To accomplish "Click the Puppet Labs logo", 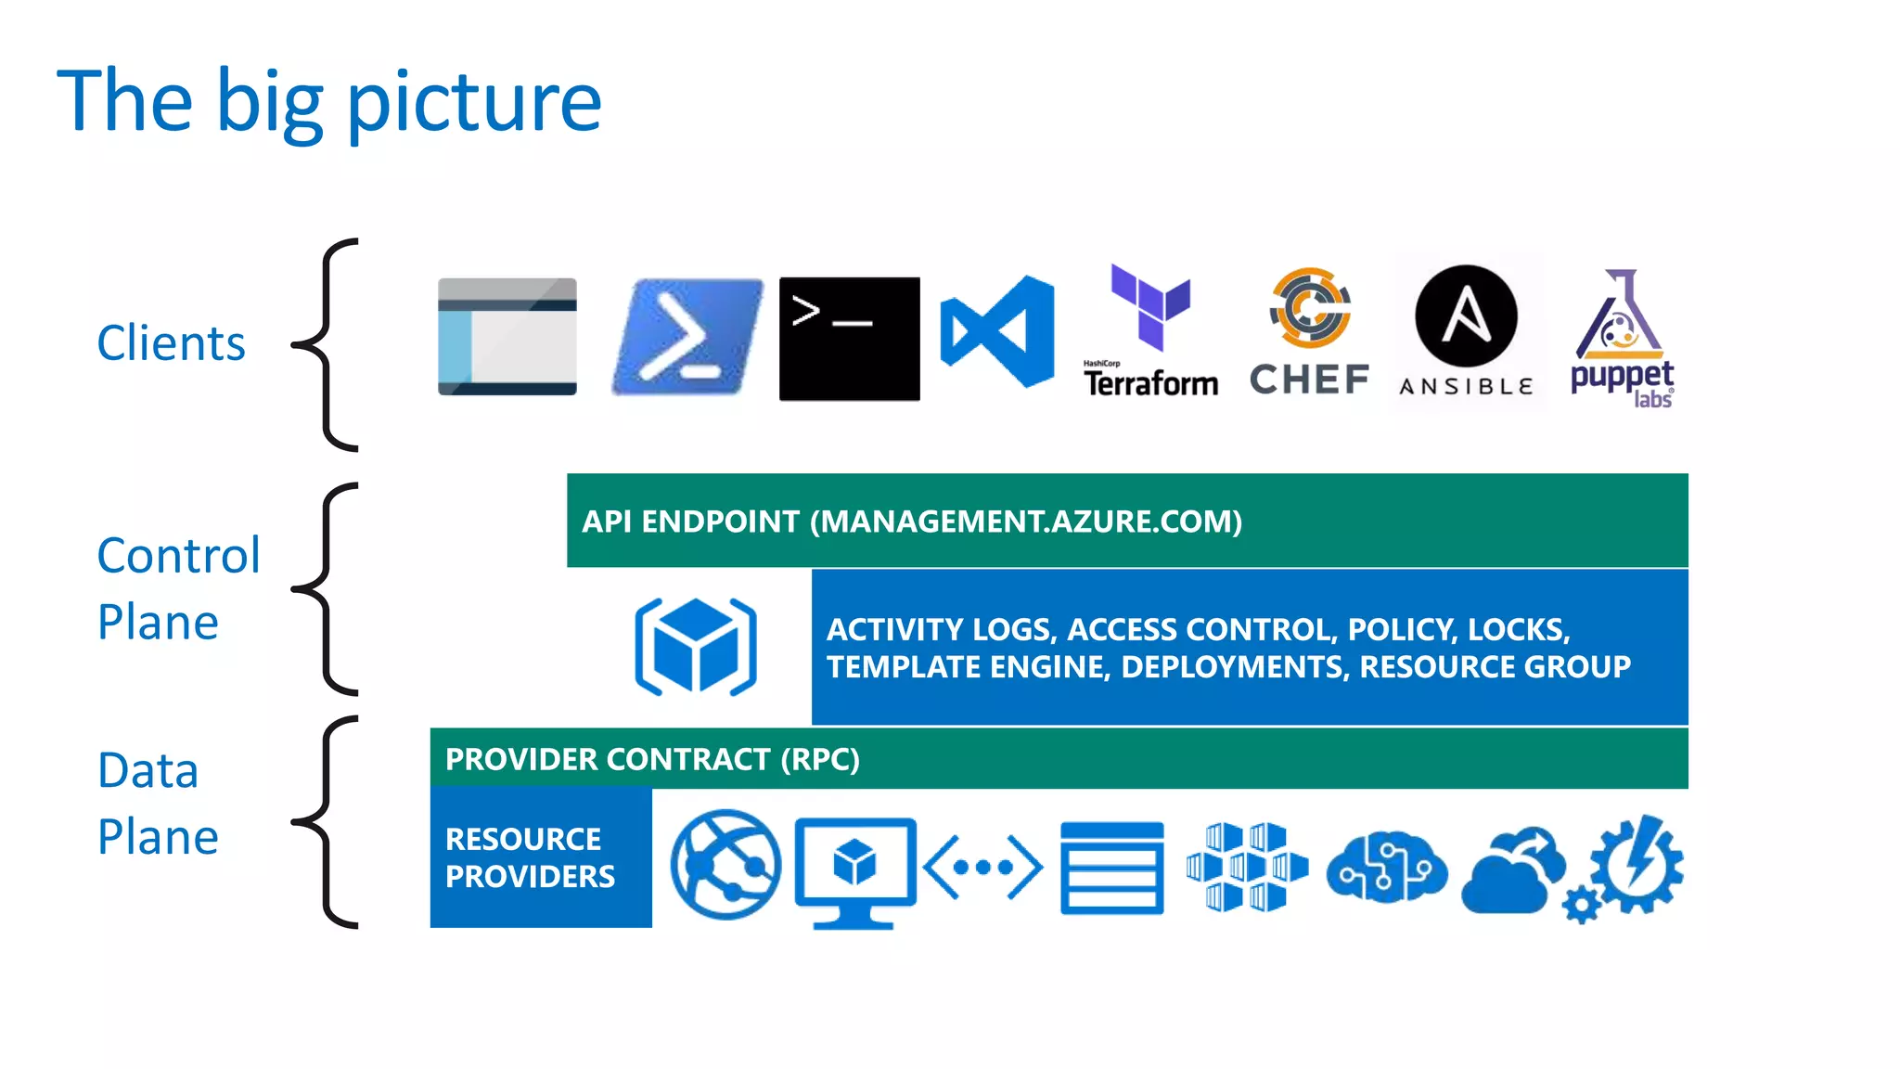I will pyautogui.click(x=1622, y=338).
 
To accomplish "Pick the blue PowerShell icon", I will pyautogui.click(x=687, y=337).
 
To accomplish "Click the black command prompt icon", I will pyautogui.click(x=849, y=339).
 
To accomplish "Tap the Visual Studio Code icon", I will pyautogui.click(x=997, y=331).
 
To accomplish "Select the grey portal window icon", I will pyautogui.click(x=507, y=337).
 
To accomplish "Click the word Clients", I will pyautogui.click(x=171, y=343).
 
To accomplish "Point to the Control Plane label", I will pyautogui.click(x=178, y=588).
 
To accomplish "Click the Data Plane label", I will pyautogui.click(x=158, y=804).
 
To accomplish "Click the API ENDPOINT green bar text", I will pyautogui.click(x=911, y=522).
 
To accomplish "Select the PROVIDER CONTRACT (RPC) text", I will pyautogui.click(x=652, y=759).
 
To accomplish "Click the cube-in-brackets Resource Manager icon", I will pyautogui.click(x=696, y=646).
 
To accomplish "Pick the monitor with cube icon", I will pyautogui.click(x=854, y=870).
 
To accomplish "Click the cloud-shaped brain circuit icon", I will pyautogui.click(x=1386, y=866).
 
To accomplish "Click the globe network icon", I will pyautogui.click(x=725, y=865).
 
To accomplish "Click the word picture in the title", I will pyautogui.click(x=474, y=102).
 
